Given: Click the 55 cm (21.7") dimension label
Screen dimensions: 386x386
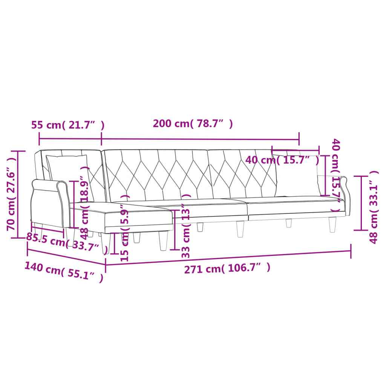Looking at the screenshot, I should click(x=67, y=125).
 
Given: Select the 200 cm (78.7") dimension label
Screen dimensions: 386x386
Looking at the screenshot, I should click(x=193, y=124).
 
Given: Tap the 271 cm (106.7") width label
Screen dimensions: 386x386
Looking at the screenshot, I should click(x=227, y=268).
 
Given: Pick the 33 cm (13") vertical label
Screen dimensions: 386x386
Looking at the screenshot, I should click(x=185, y=225).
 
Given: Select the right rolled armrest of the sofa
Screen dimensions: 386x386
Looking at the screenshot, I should click(x=342, y=188).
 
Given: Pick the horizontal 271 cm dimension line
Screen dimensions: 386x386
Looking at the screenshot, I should click(x=226, y=257).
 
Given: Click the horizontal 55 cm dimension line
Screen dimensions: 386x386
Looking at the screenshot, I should click(x=70, y=139).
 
